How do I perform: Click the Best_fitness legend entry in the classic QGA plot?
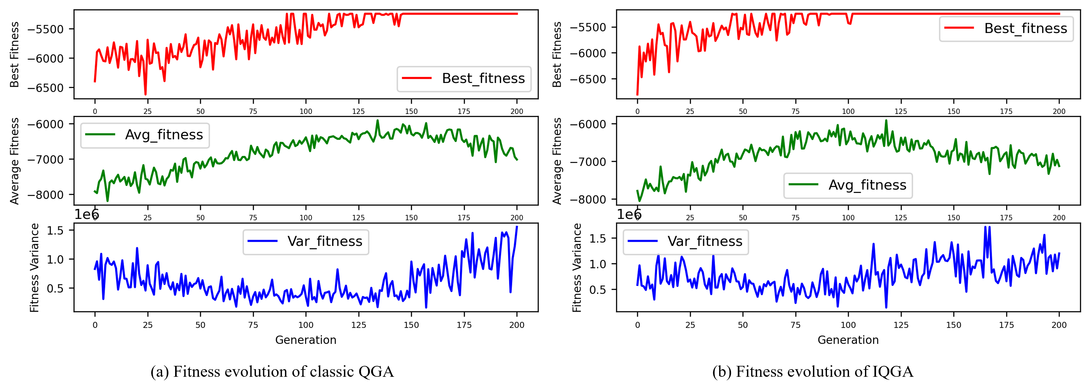pyautogui.click(x=464, y=78)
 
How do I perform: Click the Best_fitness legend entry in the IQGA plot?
pyautogui.click(x=1006, y=28)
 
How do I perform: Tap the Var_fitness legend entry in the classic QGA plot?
pyautogui.click(x=305, y=241)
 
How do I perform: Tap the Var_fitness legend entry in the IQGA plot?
pyautogui.click(x=685, y=241)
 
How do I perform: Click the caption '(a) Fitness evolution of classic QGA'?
pyautogui.click(x=272, y=372)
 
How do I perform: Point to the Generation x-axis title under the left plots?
pyautogui.click(x=305, y=340)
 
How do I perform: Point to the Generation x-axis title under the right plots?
pyautogui.click(x=848, y=340)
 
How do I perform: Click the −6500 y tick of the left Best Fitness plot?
pyautogui.click(x=45, y=88)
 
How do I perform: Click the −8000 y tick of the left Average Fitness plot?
pyautogui.click(x=45, y=194)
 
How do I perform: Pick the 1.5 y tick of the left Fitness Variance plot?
pyautogui.click(x=55, y=230)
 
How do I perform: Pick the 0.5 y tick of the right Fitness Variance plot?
pyautogui.click(x=597, y=290)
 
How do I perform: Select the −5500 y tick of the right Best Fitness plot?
pyautogui.click(x=588, y=27)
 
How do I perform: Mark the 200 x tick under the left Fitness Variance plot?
pyautogui.click(x=517, y=325)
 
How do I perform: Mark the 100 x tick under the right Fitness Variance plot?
pyautogui.click(x=848, y=325)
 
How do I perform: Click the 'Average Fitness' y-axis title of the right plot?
pyautogui.click(x=557, y=161)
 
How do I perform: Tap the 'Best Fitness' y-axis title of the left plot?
pyautogui.click(x=15, y=54)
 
